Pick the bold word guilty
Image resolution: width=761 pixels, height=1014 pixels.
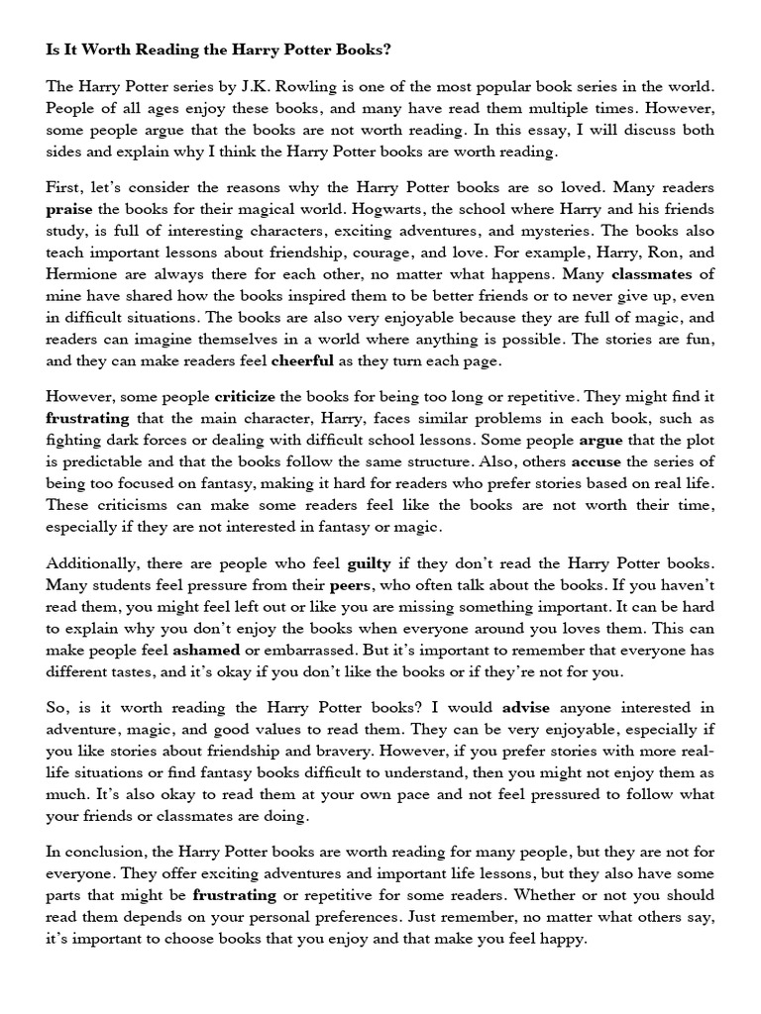point(367,565)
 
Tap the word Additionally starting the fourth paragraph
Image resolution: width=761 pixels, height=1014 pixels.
point(94,565)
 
